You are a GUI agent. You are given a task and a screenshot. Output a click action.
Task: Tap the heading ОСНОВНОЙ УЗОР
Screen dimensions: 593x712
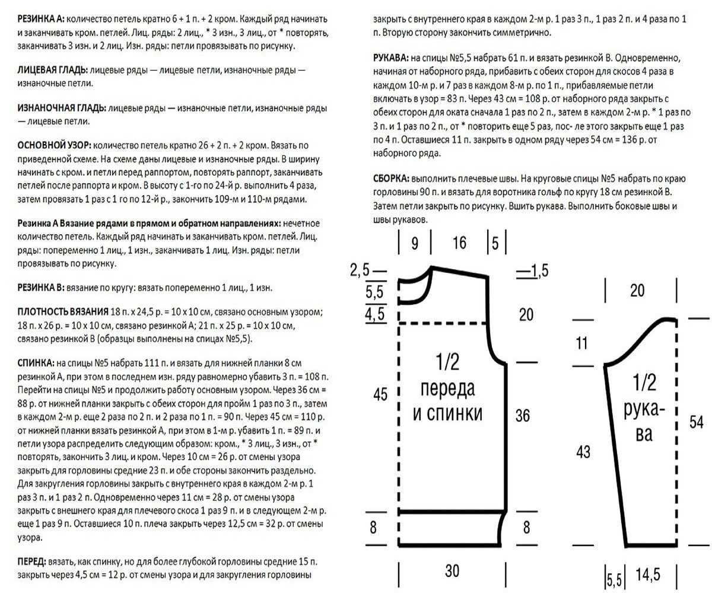click(x=54, y=146)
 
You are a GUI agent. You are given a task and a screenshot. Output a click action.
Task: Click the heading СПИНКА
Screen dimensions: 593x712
click(x=36, y=362)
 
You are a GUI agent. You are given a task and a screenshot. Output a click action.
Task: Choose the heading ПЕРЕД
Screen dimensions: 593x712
click(x=33, y=562)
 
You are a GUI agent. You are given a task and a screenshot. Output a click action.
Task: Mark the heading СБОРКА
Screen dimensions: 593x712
click(x=390, y=178)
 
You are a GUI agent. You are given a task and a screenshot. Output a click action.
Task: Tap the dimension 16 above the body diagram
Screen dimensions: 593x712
click(x=459, y=243)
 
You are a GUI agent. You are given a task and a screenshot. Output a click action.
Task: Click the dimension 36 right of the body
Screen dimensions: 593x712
click(x=523, y=416)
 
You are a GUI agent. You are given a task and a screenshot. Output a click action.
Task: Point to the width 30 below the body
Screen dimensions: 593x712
click(x=453, y=571)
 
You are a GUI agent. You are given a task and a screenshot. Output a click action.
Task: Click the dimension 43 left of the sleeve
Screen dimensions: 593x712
click(x=583, y=452)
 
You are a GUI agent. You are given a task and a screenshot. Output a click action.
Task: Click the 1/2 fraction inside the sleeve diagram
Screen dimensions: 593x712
click(x=644, y=383)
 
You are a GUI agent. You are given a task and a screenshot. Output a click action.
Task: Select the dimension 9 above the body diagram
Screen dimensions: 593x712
click(x=414, y=243)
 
